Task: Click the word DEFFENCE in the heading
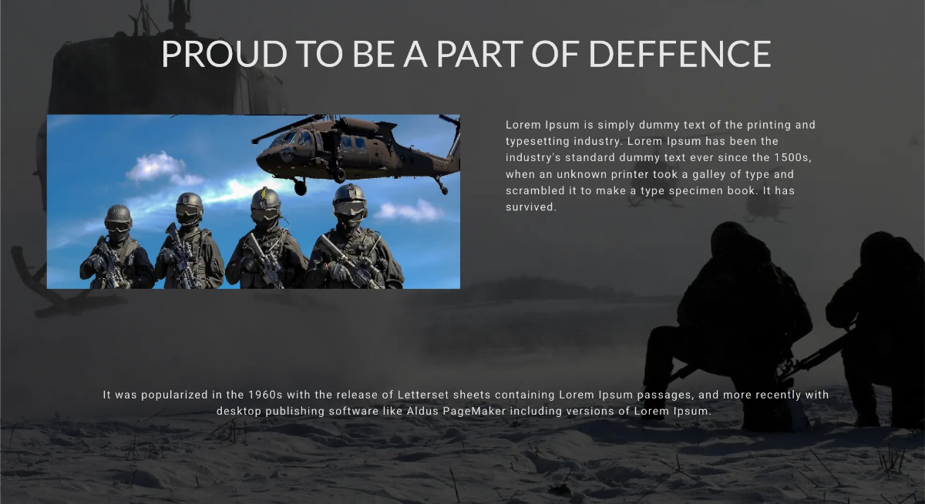click(680, 54)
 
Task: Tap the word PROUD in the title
click(224, 54)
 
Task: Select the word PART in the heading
click(480, 54)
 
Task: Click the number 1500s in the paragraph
click(792, 158)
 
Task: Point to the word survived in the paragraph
click(530, 207)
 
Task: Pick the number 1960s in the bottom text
click(264, 395)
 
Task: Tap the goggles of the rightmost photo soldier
click(350, 208)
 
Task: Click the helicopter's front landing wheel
click(300, 188)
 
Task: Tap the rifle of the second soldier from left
click(182, 256)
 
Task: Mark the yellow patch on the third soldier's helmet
click(264, 193)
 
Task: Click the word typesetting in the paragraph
click(537, 141)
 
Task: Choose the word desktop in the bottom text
click(239, 411)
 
